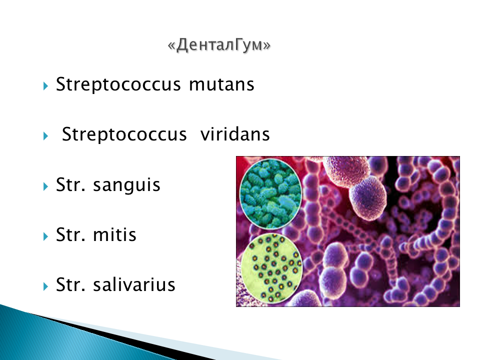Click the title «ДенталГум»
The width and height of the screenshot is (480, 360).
219,45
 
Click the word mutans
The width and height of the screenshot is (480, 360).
221,84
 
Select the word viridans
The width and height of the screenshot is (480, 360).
235,134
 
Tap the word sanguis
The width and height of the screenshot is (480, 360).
126,185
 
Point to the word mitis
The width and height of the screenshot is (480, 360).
114,235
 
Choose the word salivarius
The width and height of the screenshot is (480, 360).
134,285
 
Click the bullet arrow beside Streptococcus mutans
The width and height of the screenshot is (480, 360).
46,86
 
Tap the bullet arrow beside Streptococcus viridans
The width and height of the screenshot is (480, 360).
46,136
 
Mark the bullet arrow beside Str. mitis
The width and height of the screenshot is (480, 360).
46,236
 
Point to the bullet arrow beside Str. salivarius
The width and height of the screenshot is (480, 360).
46,286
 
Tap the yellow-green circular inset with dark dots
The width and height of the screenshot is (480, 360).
271,267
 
